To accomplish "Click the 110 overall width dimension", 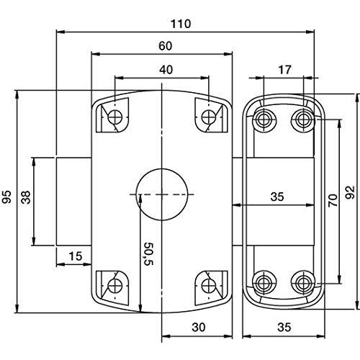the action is pyautogui.click(x=181, y=24).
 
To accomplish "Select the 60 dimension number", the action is pyautogui.click(x=166, y=46).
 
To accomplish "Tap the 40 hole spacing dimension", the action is pyautogui.click(x=166, y=70).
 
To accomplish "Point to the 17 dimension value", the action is pyautogui.click(x=284, y=70).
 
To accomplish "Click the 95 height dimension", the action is pyautogui.click(x=6, y=197).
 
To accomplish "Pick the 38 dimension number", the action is pyautogui.click(x=26, y=197).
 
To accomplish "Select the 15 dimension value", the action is pyautogui.click(x=76, y=256).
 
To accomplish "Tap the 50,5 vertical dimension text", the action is pyautogui.click(x=148, y=254).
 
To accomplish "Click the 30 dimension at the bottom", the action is pyautogui.click(x=199, y=327).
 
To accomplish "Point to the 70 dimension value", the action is pyautogui.click(x=333, y=201).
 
